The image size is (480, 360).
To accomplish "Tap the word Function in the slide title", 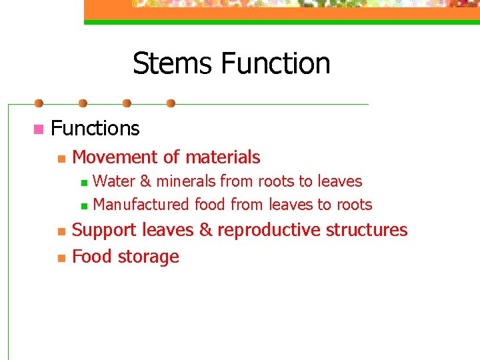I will coord(275,64).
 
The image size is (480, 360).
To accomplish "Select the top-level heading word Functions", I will coord(95,128).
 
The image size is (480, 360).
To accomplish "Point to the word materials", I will coord(223,157).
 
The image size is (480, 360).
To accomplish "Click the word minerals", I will coord(186,181).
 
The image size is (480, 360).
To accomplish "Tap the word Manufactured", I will coord(141,205).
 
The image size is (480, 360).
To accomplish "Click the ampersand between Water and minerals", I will coord(145,181).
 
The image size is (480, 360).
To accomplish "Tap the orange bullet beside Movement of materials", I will coord(60,159).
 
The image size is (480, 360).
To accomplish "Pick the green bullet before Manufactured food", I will coord(83,205).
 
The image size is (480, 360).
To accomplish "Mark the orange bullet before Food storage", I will coord(60,258).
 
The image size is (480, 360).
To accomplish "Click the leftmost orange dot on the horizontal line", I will coord(39,103).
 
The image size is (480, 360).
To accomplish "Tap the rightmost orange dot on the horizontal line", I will coord(171,103).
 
